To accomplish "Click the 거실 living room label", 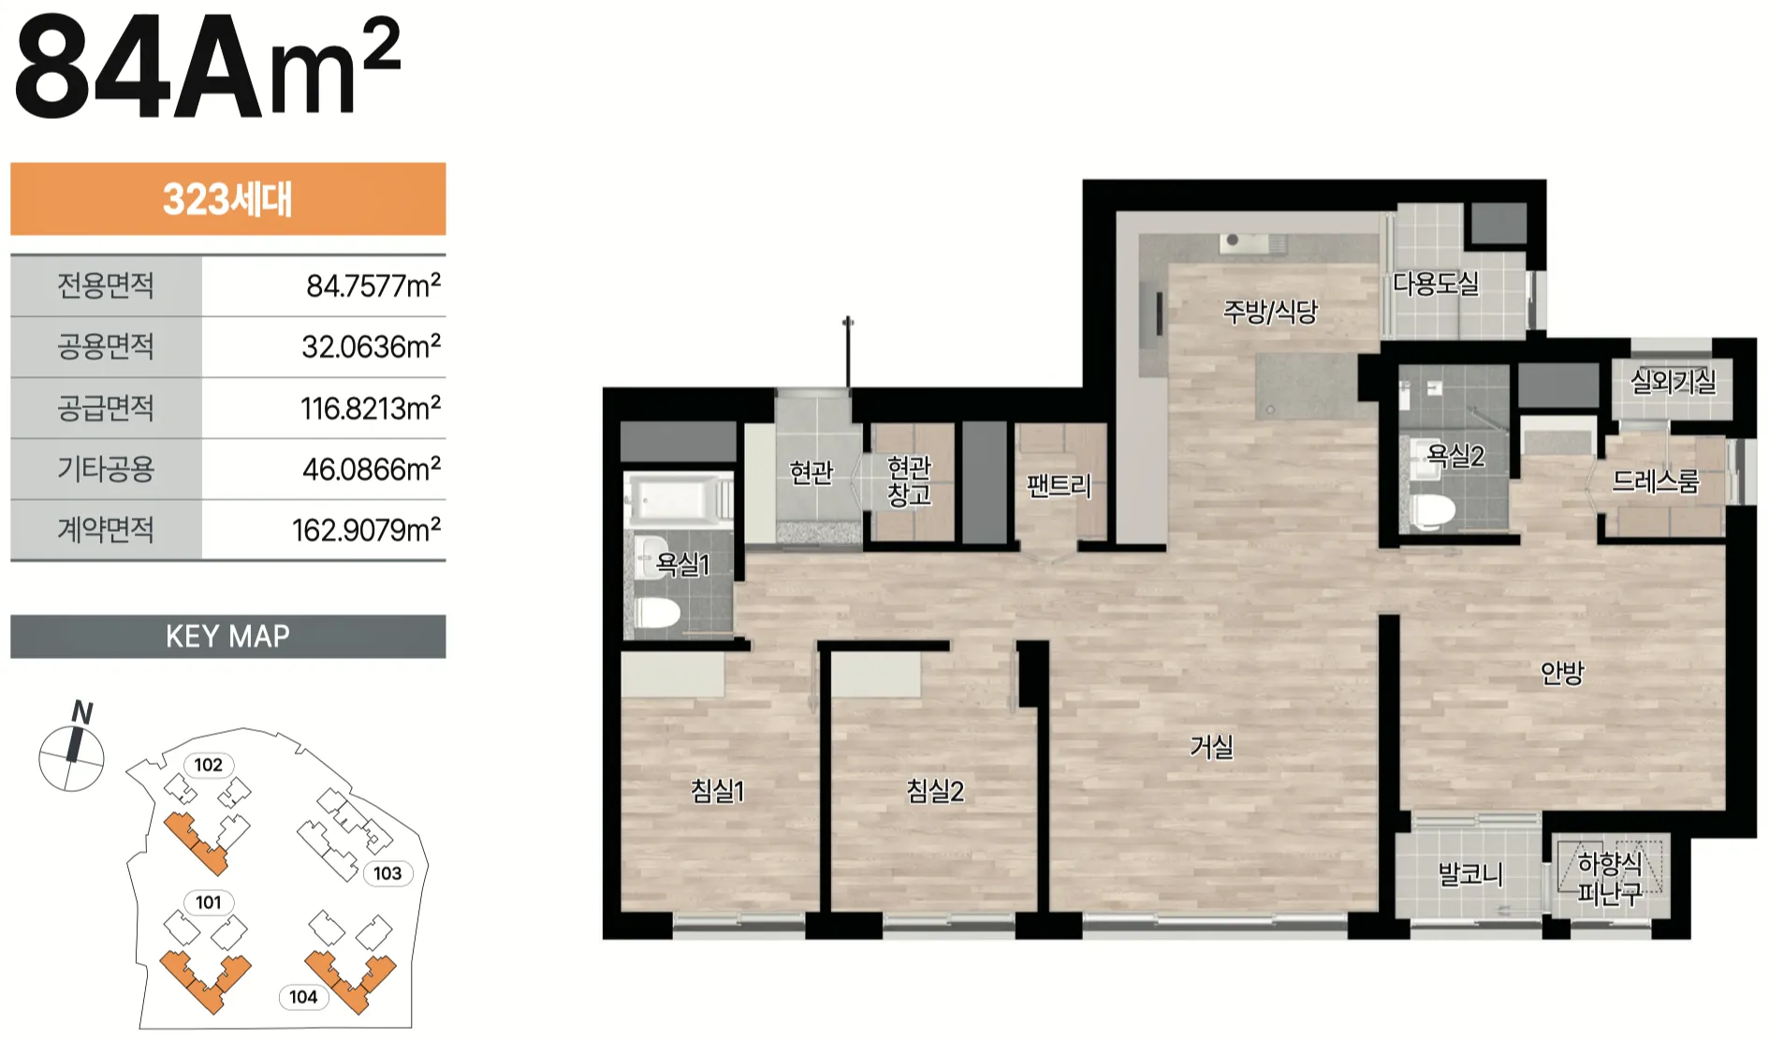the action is tap(1211, 747).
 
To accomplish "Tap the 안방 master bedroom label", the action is tap(1562, 672).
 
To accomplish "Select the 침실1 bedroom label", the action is tap(718, 791).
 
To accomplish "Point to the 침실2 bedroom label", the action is tap(935, 791).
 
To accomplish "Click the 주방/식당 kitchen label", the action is tap(1270, 311).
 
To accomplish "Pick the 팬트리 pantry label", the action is tap(1059, 486).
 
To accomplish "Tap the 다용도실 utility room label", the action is tap(1436, 283).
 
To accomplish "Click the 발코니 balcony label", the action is tap(1470, 875).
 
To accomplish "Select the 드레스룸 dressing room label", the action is tap(1655, 481).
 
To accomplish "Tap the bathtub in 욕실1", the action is tap(678, 498).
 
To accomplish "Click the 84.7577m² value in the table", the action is tap(373, 285).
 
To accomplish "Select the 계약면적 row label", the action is tap(106, 530).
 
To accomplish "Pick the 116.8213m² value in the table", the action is tap(371, 408).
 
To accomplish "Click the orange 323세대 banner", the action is tap(228, 198).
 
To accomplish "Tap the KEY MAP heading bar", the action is tap(228, 637).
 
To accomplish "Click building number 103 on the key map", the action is tap(387, 873).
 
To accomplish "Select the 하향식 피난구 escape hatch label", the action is tap(1610, 878).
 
